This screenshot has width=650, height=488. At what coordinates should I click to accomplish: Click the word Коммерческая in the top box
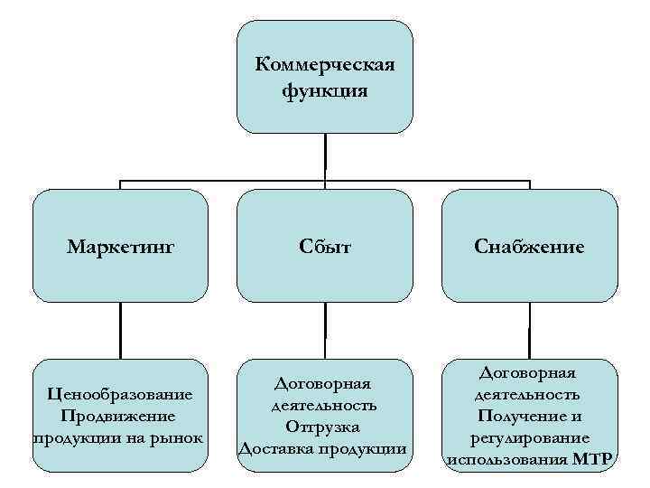click(x=325, y=65)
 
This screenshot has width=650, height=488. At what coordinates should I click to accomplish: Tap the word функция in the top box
click(x=325, y=91)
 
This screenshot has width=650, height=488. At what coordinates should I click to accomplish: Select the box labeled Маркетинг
click(x=120, y=246)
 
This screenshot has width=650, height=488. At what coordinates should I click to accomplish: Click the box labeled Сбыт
click(x=325, y=246)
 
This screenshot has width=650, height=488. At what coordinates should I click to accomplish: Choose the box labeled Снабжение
click(x=530, y=246)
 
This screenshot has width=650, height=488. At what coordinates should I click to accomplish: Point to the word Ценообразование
click(x=120, y=395)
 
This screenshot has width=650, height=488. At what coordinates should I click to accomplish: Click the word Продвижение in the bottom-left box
click(x=119, y=416)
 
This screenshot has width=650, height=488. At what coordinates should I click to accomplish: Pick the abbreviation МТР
click(x=593, y=459)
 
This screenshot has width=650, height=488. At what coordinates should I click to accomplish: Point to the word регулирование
click(x=530, y=437)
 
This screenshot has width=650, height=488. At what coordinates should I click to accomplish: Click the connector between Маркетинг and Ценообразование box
click(x=120, y=330)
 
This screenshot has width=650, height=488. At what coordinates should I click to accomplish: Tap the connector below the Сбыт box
click(x=325, y=330)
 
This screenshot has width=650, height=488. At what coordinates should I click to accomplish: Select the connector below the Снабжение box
click(x=530, y=330)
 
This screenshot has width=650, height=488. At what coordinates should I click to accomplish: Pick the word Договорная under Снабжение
click(x=530, y=372)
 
